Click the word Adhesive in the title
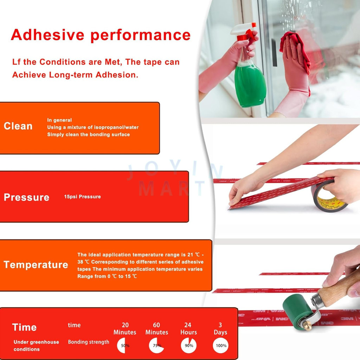click(47, 35)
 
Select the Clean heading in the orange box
click(18, 126)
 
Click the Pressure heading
click(27, 197)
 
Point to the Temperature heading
click(36, 264)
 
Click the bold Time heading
click(24, 327)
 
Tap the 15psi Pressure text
click(82, 197)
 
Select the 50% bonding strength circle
click(125, 346)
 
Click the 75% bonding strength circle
click(156, 346)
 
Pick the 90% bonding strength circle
click(188, 346)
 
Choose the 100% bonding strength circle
click(221, 346)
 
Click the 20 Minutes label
click(125, 329)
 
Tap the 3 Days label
click(220, 329)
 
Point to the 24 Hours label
click(188, 329)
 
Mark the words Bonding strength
click(89, 342)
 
